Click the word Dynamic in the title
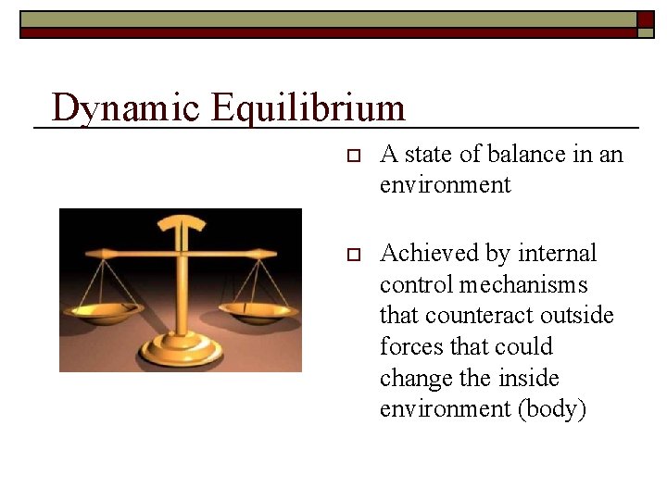(125, 108)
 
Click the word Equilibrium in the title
(308, 108)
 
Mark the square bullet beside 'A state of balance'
(351, 155)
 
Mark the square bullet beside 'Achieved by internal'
(351, 254)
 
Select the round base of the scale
(180, 353)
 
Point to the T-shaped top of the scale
(182, 223)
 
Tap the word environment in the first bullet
(445, 185)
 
